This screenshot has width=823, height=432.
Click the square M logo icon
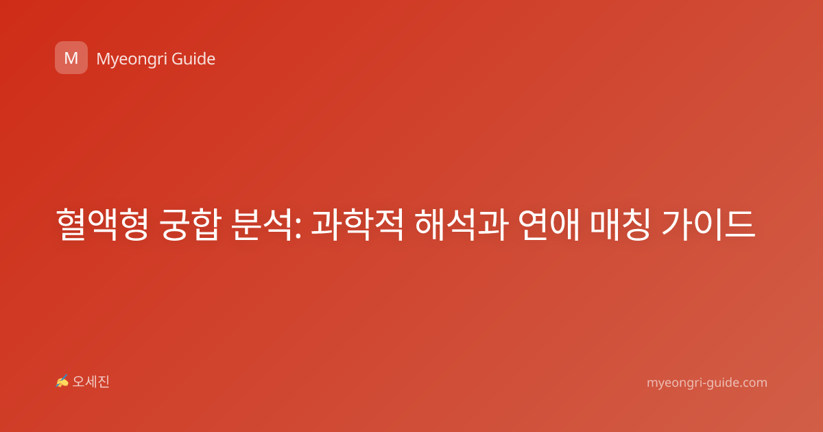point(71,58)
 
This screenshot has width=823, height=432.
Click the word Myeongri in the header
point(131,60)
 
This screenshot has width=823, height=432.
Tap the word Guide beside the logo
point(193,59)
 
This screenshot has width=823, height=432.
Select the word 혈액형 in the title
point(102,224)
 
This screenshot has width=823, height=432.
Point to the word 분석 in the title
point(262,224)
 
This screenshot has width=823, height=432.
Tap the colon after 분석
point(298,229)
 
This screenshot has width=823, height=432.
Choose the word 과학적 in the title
point(357,224)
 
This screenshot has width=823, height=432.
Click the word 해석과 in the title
point(462,224)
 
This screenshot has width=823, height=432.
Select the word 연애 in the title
point(549,224)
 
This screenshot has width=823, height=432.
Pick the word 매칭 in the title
point(621,224)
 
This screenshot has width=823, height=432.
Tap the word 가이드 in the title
point(708,224)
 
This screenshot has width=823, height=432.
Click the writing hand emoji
point(62,381)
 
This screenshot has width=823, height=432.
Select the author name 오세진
point(91,382)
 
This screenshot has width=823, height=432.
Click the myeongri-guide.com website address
point(707,383)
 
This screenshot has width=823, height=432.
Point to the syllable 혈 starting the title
point(71,224)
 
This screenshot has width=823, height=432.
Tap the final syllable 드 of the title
point(740,224)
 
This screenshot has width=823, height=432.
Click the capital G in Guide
point(177,59)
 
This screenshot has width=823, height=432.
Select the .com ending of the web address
point(752,383)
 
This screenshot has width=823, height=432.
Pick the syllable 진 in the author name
point(104,382)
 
